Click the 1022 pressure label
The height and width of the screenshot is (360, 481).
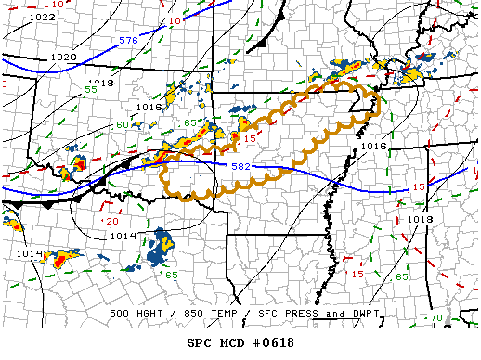pos(42,18)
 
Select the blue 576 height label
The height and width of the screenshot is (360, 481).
pos(128,41)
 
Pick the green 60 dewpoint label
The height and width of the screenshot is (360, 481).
pos(123,125)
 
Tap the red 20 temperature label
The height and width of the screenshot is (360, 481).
pos(111,221)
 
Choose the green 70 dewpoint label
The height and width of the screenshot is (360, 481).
pos(436,318)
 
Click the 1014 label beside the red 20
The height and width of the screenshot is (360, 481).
pos(123,236)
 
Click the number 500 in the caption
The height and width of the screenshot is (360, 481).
pos(121,314)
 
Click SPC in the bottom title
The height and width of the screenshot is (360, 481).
pos(201,342)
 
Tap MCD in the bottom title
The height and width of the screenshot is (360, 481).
pos(233,342)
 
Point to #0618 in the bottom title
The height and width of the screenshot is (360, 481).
pos(274,342)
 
